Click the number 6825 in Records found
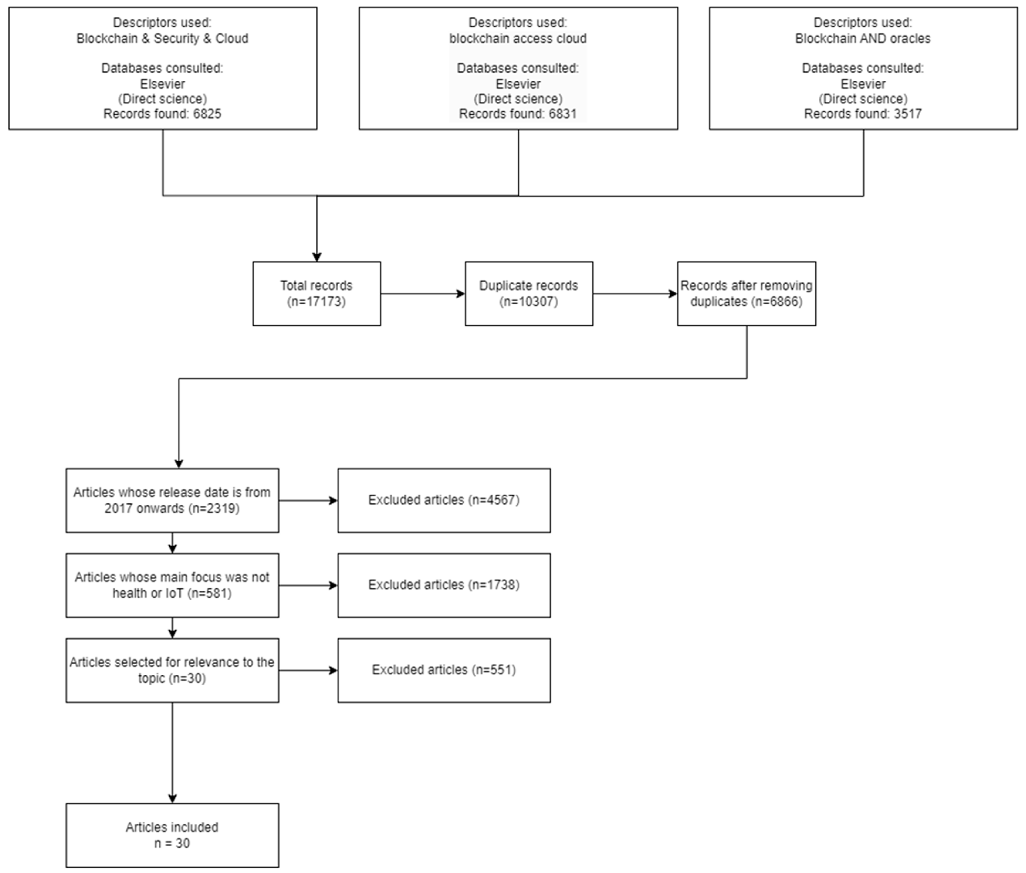(207, 114)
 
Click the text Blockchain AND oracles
(862, 39)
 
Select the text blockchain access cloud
(518, 39)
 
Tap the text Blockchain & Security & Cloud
(162, 39)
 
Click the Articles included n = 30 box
(172, 835)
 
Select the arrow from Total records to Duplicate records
(422, 294)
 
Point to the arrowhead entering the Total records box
(317, 257)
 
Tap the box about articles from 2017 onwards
(172, 500)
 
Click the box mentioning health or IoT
(172, 585)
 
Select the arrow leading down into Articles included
(172, 752)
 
